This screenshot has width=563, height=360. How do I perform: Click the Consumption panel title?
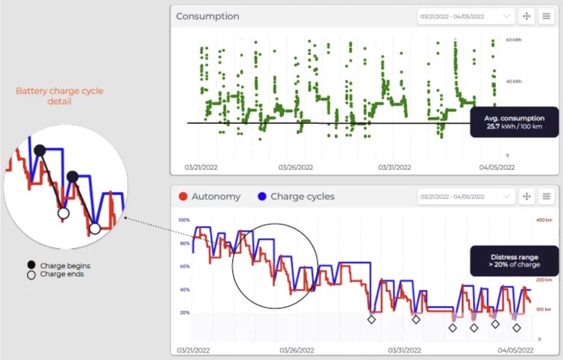tap(207, 16)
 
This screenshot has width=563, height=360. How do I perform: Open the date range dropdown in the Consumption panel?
tap(465, 16)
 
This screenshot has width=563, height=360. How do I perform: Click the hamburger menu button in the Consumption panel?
tap(546, 16)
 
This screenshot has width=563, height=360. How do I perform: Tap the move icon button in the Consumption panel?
tap(527, 16)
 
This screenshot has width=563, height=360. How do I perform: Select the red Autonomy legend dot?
tap(183, 196)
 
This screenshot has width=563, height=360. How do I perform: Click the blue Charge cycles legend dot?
tap(262, 196)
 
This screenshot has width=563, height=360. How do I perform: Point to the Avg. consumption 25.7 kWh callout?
tap(514, 122)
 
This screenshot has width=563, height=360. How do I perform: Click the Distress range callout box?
tap(514, 261)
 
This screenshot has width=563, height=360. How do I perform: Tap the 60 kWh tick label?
tap(514, 40)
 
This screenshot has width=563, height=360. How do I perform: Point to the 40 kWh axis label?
tap(514, 82)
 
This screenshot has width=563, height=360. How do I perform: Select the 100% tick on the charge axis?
tap(184, 220)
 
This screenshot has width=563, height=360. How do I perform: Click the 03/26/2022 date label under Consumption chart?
tap(296, 167)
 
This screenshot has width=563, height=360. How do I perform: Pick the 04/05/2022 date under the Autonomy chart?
tap(516, 350)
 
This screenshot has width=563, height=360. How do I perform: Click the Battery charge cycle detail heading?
tap(59, 96)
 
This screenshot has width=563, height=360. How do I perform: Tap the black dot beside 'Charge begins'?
tap(31, 265)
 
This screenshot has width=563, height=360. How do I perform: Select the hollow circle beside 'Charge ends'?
tap(31, 275)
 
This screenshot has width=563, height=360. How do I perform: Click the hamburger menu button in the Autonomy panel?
tap(546, 196)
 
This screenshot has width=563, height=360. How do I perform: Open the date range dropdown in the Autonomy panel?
tap(465, 196)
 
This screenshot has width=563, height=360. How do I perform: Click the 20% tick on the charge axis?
tap(185, 313)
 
